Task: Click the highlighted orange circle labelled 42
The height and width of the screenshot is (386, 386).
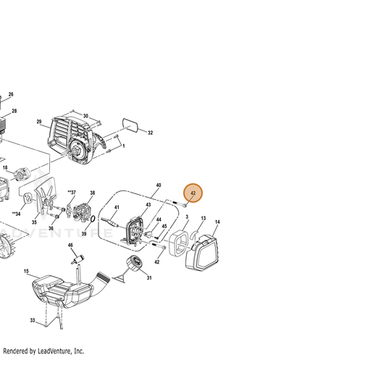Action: pos(193,193)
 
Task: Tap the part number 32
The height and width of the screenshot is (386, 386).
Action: pos(150,133)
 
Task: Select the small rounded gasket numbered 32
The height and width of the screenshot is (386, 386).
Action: pos(130,125)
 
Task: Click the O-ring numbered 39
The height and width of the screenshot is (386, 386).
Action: pos(93,219)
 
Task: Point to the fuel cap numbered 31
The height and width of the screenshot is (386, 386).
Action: pos(135,263)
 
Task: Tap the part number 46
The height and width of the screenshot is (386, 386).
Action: pos(70,245)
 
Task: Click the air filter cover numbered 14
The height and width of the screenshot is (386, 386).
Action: pos(202,253)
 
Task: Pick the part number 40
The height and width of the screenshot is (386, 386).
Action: pos(159,185)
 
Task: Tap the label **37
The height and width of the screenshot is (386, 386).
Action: pos(72,192)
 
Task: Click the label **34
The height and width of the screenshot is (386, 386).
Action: pos(16,214)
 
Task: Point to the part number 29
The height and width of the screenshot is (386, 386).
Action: pos(39,122)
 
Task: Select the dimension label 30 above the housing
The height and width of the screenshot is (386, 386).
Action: pos(85,116)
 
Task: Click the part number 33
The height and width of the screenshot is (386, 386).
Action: pos(33,320)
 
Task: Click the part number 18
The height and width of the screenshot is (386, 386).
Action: pos(5,167)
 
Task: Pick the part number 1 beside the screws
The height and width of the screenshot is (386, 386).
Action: pos(124,146)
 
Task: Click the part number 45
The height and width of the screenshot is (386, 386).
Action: pos(164,226)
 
